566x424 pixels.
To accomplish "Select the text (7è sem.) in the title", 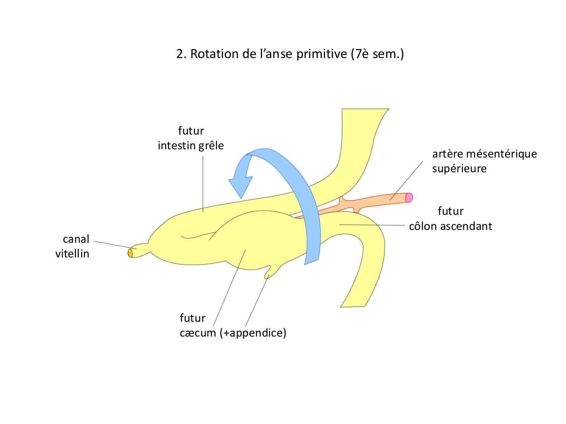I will [377, 54].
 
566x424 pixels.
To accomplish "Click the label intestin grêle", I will [191, 145].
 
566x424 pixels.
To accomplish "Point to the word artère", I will [448, 154].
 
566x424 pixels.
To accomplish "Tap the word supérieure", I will [459, 168].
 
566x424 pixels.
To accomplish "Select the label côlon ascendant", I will [451, 226].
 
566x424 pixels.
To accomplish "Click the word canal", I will [76, 239].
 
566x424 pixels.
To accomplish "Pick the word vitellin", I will [72, 254].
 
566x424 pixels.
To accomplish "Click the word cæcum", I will [198, 333].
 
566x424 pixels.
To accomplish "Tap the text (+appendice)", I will [253, 333].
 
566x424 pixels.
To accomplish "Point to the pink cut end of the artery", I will [409, 197].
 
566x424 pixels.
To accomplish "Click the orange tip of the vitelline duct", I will [130, 253].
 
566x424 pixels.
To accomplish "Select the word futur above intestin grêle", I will [191, 131].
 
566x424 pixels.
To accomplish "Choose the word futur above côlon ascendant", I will [451, 211].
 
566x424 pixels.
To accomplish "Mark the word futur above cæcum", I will [192, 318].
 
